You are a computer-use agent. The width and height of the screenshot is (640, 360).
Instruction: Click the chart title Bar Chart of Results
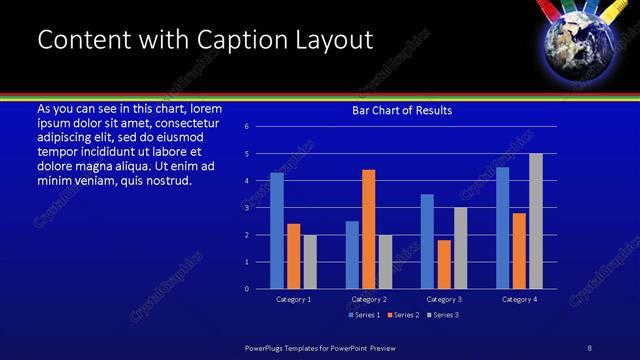pos(402,110)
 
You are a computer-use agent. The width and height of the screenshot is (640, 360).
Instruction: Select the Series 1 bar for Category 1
pos(277,231)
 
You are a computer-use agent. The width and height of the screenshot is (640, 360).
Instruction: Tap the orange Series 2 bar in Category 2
pos(369,229)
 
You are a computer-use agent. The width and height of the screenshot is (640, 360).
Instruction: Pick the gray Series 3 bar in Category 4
pos(536,221)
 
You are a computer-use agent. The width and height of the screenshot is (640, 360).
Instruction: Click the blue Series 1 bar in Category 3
pos(427,241)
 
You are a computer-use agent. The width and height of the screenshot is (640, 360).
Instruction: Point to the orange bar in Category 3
pos(444,264)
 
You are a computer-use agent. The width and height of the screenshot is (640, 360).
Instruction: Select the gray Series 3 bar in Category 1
pos(310,262)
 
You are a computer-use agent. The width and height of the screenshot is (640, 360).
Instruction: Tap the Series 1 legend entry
pos(365,315)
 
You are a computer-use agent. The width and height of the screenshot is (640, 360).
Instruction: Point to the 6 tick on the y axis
pos(260,127)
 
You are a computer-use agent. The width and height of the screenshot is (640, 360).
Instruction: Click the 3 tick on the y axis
pos(260,208)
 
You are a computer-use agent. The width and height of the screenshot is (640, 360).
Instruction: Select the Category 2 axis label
pos(368,299)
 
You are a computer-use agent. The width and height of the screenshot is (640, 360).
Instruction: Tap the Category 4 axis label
pos(518,299)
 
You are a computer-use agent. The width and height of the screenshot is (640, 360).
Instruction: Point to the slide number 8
pos(589,347)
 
